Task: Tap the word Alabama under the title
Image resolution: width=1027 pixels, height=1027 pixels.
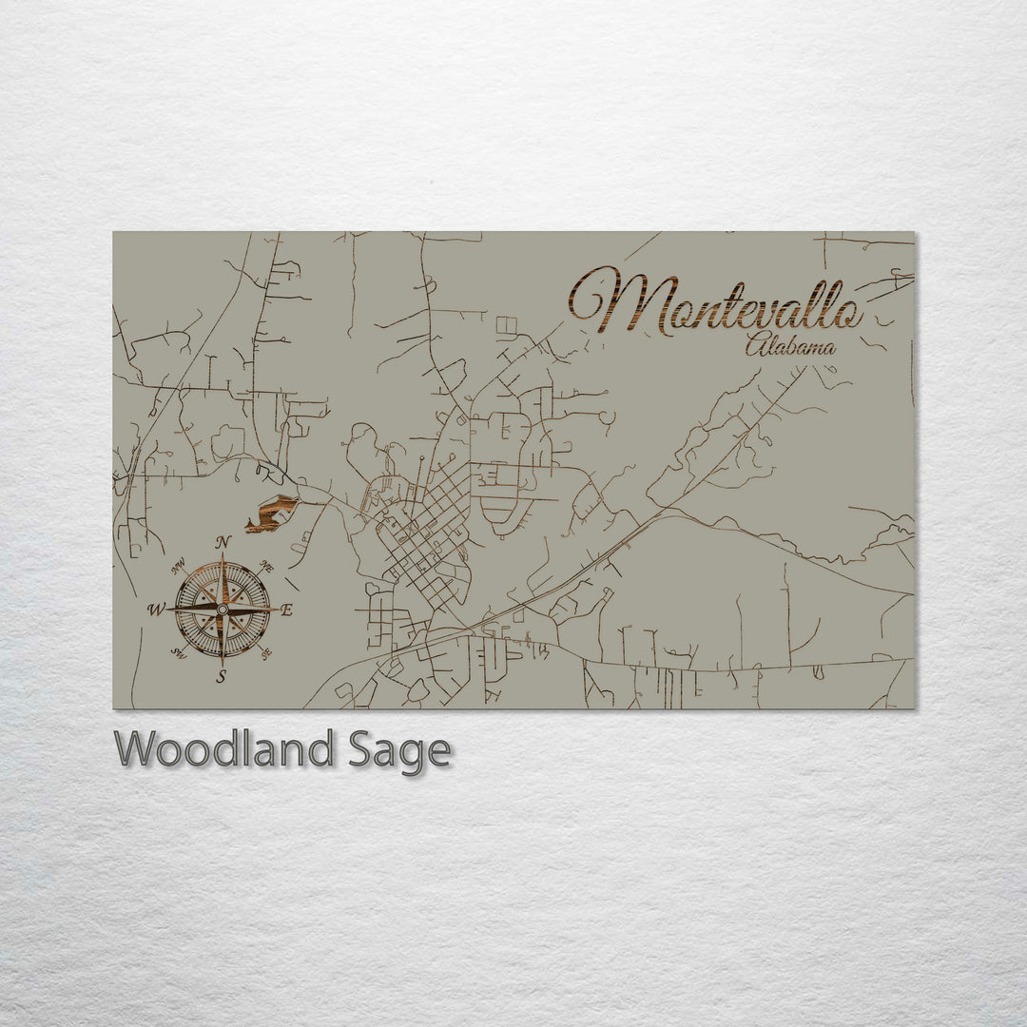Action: (790, 348)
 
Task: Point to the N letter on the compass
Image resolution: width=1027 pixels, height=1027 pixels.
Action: (223, 542)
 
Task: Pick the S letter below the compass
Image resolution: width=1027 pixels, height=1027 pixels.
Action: (222, 677)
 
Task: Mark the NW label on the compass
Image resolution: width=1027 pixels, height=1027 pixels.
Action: (177, 568)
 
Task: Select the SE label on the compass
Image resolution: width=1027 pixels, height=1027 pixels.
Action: (267, 651)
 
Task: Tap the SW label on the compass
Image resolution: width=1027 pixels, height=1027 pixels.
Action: (177, 652)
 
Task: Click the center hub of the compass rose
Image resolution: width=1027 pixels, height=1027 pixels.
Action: (223, 609)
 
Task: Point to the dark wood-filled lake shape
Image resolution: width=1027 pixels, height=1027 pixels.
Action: (271, 514)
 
